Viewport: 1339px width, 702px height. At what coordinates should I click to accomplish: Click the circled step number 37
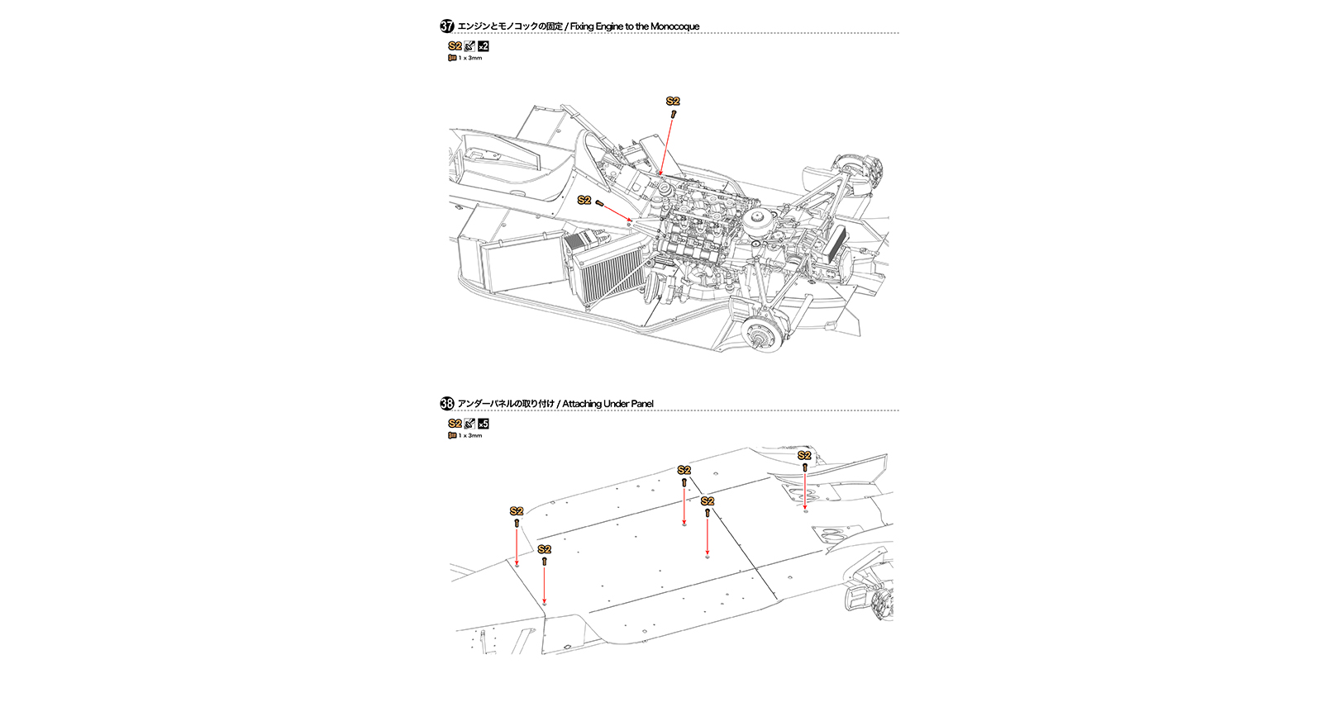447,26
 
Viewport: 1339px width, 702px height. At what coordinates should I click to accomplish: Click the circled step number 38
447,404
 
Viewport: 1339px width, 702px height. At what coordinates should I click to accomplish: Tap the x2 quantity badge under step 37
484,46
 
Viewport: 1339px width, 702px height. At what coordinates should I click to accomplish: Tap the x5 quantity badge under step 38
484,424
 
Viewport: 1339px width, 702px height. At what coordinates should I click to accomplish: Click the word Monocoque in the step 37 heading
674,26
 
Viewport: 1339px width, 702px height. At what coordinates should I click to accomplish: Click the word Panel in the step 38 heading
641,404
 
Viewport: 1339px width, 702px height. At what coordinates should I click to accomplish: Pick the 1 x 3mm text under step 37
470,58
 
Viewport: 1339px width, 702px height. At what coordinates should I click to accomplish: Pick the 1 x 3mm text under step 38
470,435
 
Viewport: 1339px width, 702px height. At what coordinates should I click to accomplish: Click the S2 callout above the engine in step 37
673,101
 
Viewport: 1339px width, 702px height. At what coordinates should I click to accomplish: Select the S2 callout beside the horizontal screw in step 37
584,200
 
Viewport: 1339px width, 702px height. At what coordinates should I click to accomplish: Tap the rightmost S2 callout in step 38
804,455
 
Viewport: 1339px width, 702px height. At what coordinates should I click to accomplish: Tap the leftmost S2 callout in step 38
517,511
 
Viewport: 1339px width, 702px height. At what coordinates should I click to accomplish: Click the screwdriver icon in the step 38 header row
469,424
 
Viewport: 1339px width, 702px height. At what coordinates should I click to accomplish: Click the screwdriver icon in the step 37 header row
469,46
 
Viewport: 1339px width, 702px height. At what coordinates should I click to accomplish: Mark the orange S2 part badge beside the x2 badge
455,46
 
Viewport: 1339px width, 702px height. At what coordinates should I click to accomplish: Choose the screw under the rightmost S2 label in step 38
804,467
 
